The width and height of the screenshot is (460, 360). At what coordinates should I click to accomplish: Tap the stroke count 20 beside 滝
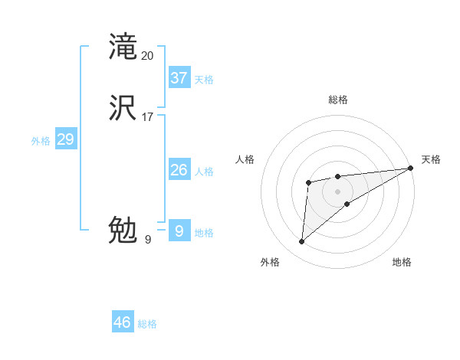(x=148, y=55)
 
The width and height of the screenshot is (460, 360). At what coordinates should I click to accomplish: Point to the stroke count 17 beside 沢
(x=148, y=117)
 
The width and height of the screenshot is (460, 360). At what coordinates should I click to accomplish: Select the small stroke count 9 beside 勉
(x=148, y=239)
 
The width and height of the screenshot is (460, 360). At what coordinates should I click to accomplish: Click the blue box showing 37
(x=179, y=77)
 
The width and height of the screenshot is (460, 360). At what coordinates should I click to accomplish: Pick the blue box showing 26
(x=179, y=170)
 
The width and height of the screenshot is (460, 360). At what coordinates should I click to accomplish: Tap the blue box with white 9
(x=179, y=231)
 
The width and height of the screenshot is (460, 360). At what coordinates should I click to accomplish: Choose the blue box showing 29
(x=65, y=139)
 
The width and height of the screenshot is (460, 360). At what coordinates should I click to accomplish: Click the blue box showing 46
(x=123, y=322)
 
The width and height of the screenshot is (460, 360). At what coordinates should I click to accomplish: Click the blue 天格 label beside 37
(x=204, y=79)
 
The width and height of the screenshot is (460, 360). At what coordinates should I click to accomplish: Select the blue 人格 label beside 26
(x=204, y=172)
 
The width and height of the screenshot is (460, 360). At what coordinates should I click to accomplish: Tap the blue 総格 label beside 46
(x=147, y=324)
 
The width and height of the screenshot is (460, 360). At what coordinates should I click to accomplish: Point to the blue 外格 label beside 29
(x=41, y=141)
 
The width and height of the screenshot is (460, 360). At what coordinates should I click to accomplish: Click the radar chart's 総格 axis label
(x=337, y=100)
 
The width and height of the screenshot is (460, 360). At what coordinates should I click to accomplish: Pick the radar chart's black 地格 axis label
(x=402, y=262)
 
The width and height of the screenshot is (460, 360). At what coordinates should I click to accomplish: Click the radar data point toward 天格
(x=411, y=169)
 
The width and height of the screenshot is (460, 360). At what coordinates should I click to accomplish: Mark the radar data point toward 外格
(x=302, y=242)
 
